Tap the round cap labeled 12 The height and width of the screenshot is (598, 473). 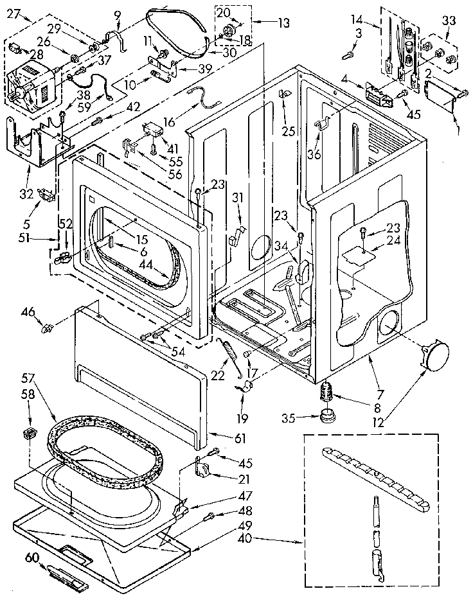[x=434, y=356]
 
